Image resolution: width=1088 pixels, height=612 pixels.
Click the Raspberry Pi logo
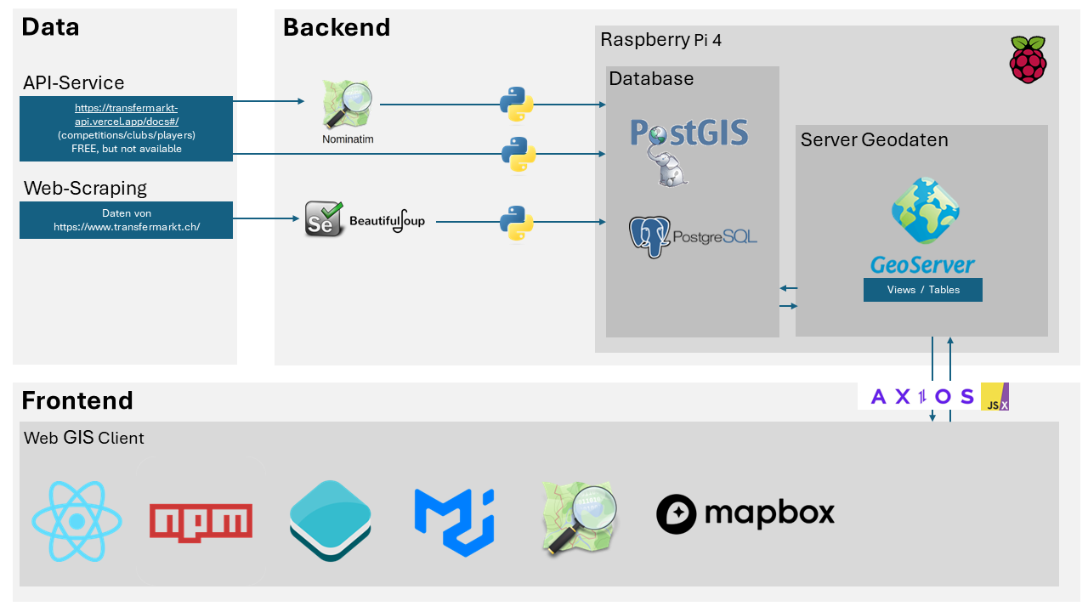(1028, 59)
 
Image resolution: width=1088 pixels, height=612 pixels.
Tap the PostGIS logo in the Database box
(689, 150)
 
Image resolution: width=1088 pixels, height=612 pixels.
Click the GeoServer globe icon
(925, 211)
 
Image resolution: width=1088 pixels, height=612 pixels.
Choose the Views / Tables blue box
(922, 290)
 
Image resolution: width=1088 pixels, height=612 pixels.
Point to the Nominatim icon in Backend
(348, 106)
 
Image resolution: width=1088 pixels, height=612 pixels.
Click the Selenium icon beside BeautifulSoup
(324, 220)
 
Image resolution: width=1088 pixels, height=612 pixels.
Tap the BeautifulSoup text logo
(387, 221)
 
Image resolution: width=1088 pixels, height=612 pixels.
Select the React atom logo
(76, 521)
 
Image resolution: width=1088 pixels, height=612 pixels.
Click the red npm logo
(201, 521)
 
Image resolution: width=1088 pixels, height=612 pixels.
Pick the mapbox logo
(745, 513)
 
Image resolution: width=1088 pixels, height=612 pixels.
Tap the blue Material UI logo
(454, 521)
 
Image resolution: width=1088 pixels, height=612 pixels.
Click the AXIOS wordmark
(922, 396)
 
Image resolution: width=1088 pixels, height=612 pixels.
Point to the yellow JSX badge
(994, 396)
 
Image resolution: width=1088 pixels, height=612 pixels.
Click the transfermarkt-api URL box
(126, 128)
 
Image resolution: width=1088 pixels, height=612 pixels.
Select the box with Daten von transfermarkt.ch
(126, 220)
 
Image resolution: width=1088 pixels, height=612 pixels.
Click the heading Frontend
(77, 400)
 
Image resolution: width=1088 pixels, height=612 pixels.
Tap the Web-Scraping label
(85, 188)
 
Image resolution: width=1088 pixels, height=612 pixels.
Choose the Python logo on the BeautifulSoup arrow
(516, 222)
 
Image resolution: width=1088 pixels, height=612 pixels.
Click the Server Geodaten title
(874, 139)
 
